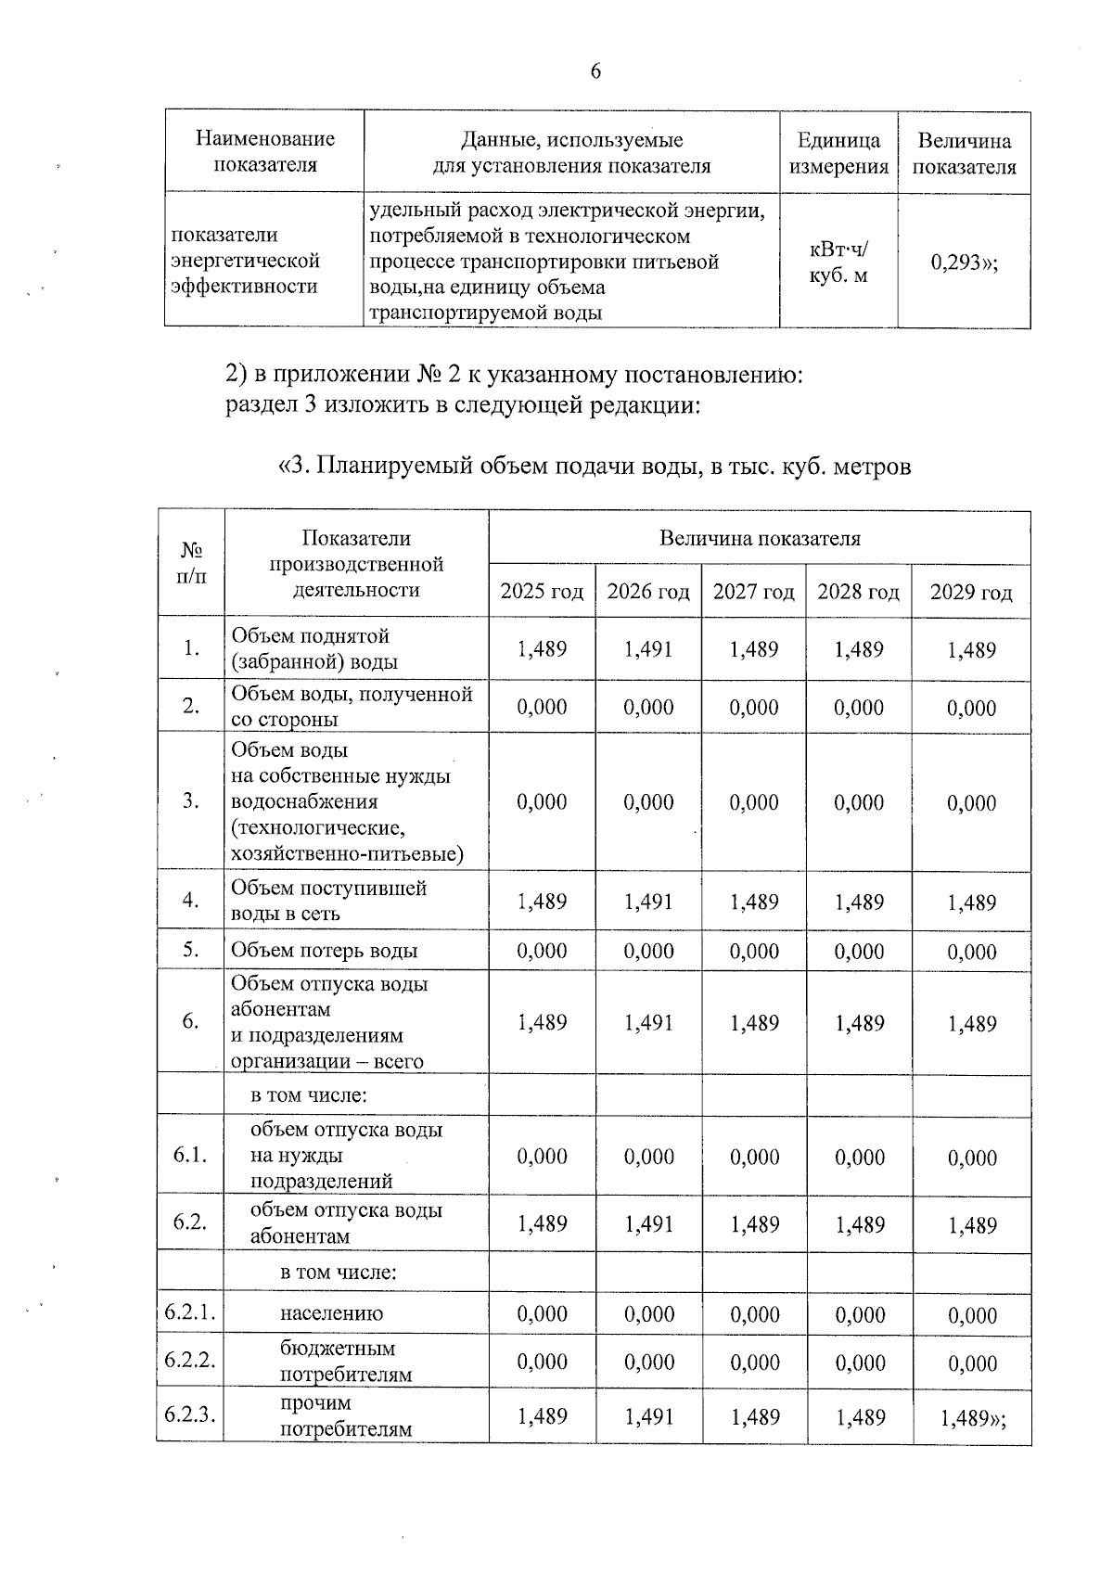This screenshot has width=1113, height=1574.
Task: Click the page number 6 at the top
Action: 595,71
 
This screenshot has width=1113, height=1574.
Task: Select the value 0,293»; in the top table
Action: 965,262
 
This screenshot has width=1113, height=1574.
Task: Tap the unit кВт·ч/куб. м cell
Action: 838,262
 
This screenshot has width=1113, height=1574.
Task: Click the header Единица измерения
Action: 838,154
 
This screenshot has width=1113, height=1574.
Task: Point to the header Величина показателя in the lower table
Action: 759,539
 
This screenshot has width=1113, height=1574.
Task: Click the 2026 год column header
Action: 648,592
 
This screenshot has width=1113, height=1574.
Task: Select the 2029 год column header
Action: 971,593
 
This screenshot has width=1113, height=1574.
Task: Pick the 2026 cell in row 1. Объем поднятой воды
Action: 648,649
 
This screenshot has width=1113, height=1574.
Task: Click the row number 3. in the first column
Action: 190,801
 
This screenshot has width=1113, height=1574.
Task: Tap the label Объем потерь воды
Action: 324,951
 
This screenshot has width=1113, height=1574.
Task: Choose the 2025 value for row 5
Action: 542,951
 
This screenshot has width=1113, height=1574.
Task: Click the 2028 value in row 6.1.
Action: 859,1157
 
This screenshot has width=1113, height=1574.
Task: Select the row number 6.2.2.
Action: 190,1361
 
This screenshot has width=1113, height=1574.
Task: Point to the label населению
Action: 331,1313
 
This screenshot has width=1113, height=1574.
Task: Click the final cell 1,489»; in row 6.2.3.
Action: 972,1418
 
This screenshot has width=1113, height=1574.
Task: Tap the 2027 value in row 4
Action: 754,902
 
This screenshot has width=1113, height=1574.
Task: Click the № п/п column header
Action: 190,563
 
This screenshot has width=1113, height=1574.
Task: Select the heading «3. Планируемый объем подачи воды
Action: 595,466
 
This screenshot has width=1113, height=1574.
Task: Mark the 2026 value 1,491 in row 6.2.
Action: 648,1224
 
